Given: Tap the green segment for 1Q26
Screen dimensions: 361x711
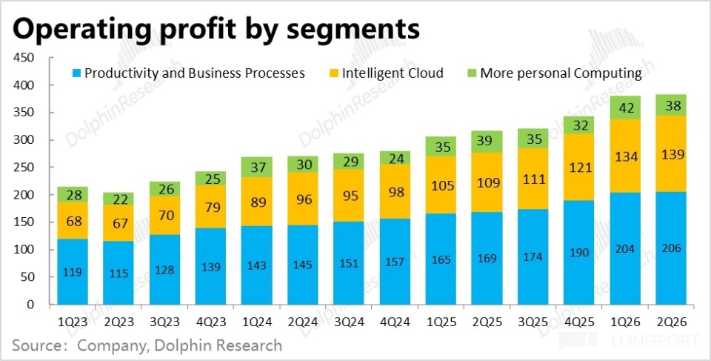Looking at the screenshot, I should [627, 107].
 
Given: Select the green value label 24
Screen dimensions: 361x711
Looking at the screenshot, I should [395, 157].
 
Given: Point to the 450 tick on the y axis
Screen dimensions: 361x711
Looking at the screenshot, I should [25, 59].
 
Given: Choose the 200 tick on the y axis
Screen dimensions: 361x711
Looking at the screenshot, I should [25, 195].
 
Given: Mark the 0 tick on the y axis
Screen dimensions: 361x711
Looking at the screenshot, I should [31, 305].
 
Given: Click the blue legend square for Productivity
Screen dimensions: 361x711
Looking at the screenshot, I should [76, 73].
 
